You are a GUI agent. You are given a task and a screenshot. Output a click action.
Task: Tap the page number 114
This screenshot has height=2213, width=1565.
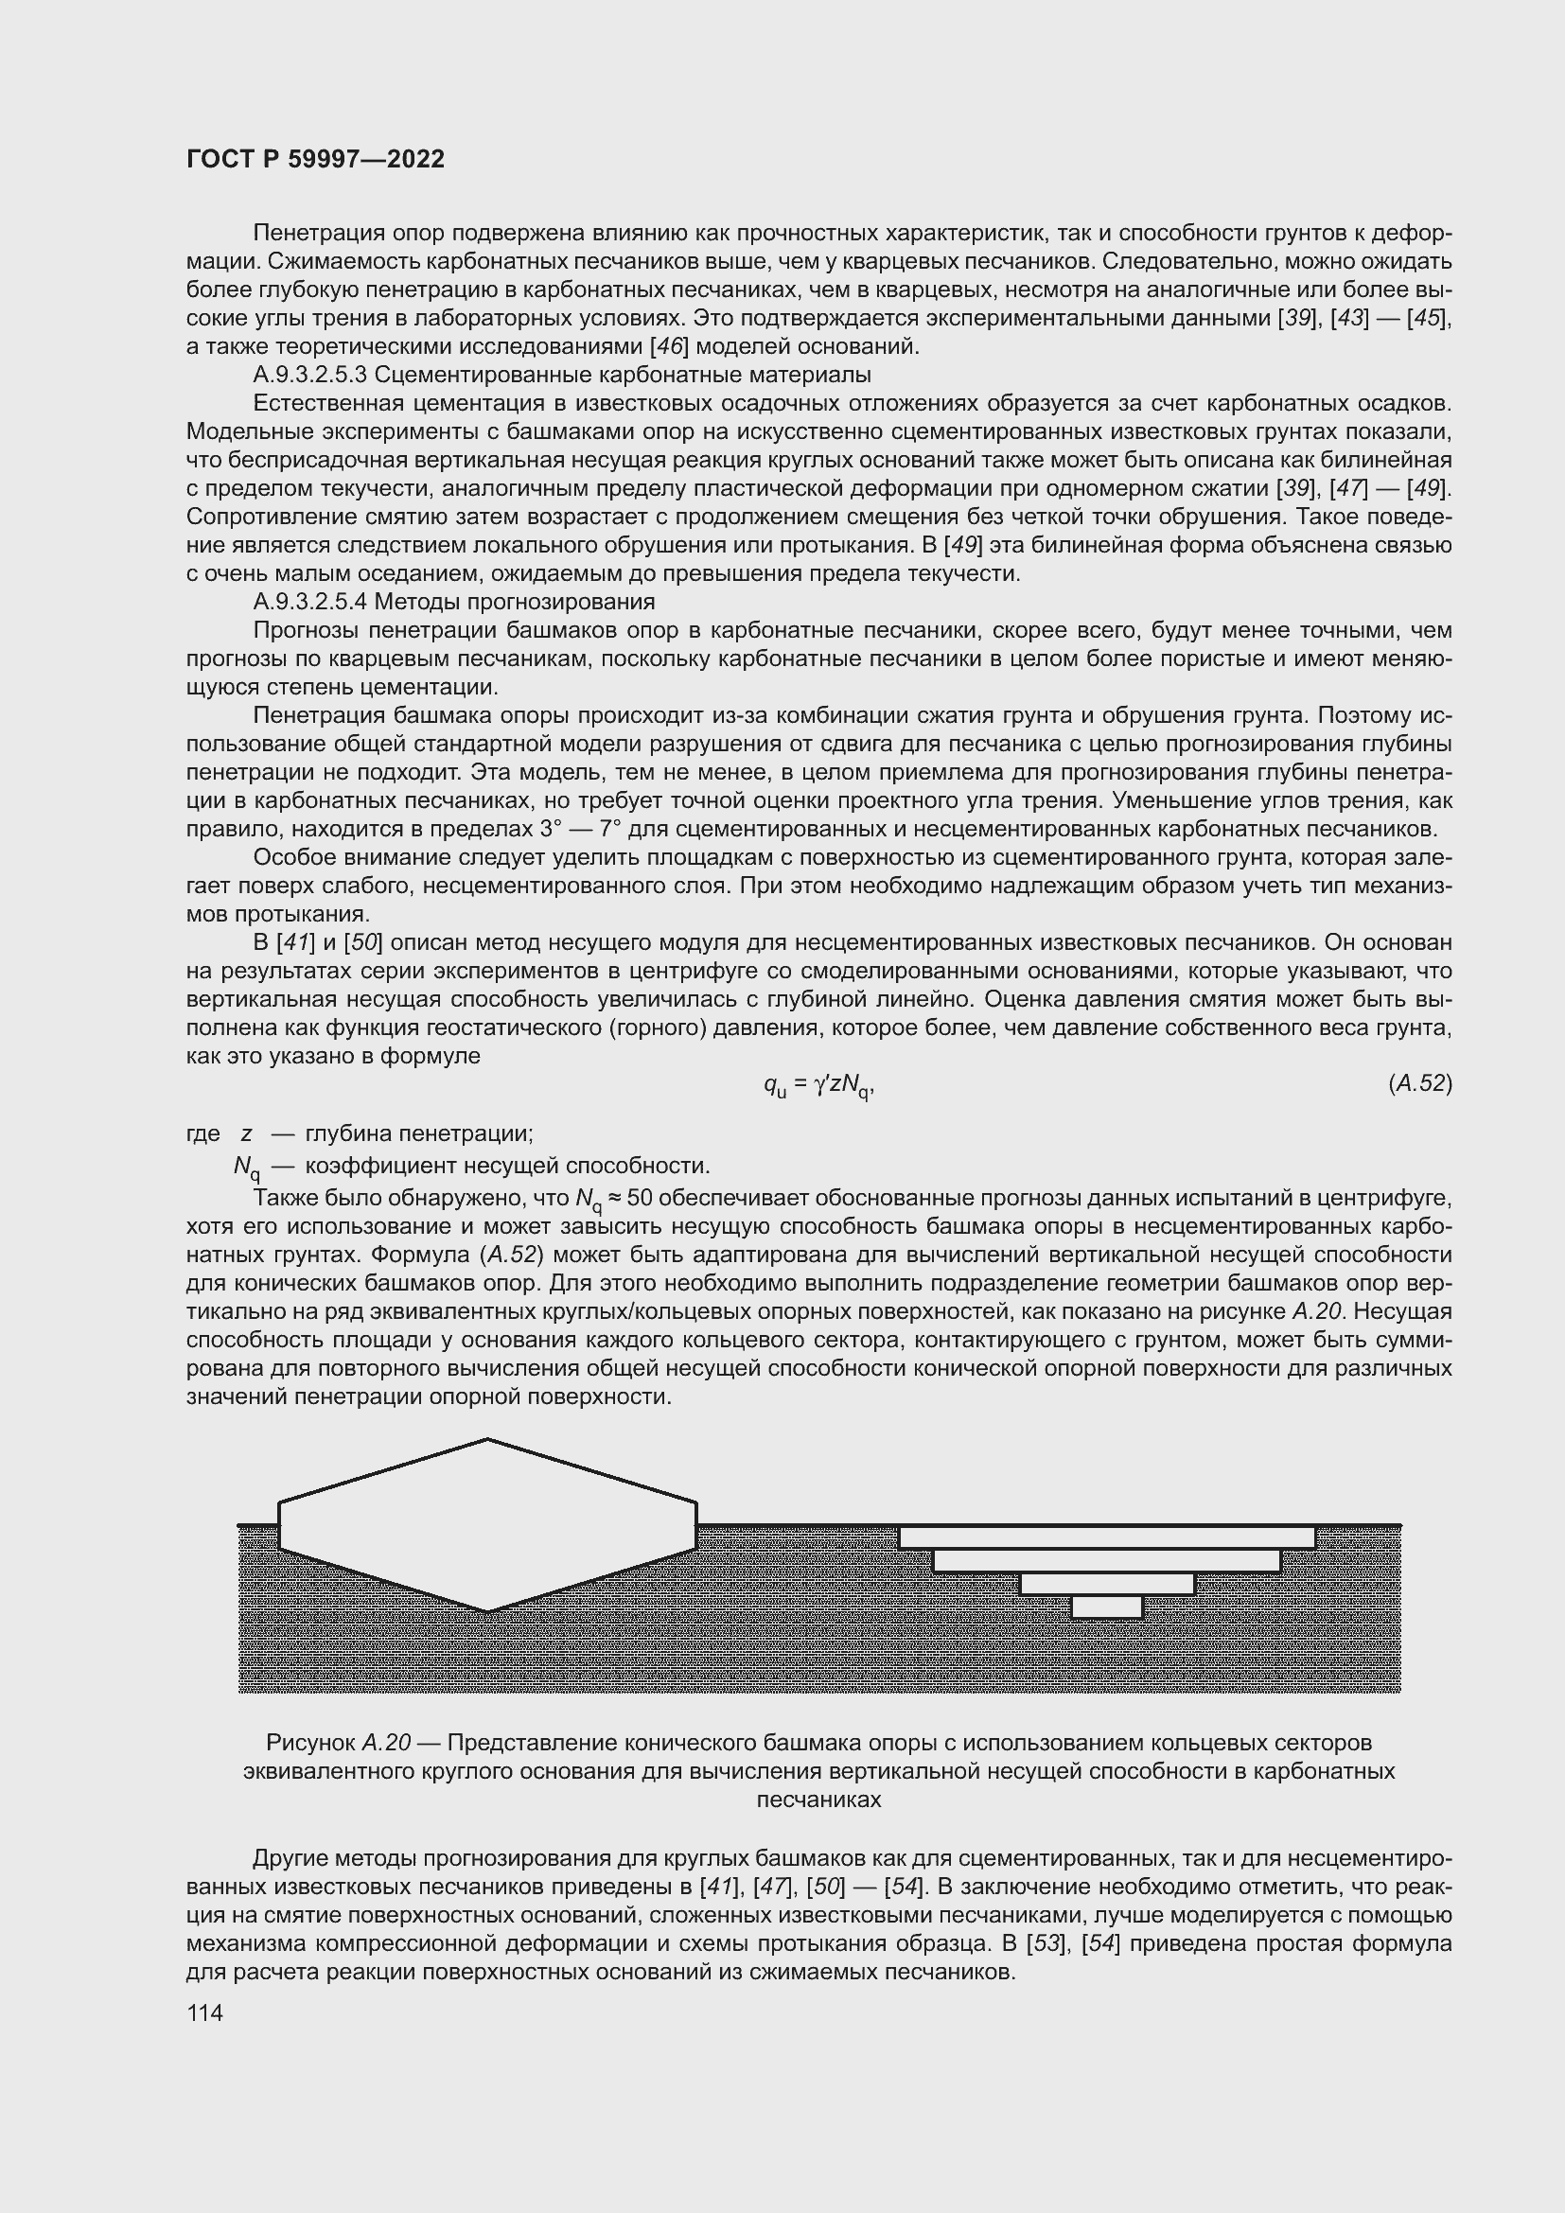point(204,2012)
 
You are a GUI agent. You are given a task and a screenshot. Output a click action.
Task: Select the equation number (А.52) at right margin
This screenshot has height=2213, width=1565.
point(1419,1083)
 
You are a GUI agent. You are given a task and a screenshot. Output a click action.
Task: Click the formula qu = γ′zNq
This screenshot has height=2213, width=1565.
point(818,1085)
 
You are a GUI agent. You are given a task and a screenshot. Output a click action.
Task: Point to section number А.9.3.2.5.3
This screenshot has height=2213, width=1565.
point(311,374)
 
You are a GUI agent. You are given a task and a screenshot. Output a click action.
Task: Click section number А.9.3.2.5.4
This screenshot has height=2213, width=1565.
point(311,602)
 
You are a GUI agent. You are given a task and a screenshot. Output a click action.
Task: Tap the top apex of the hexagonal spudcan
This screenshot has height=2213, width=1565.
point(487,1440)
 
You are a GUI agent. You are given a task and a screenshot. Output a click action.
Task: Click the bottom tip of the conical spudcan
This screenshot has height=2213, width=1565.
point(487,1609)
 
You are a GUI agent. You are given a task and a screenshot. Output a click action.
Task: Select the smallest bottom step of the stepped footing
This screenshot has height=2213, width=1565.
point(1106,1607)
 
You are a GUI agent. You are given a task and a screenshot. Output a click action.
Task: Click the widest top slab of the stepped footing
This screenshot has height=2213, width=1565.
point(1106,1537)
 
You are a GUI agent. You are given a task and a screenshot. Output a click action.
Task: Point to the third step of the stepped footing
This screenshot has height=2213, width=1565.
point(1106,1584)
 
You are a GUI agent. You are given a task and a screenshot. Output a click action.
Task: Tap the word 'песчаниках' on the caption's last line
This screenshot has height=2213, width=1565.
point(818,1800)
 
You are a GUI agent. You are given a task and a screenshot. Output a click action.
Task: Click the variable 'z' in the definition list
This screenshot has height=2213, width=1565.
point(247,1133)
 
